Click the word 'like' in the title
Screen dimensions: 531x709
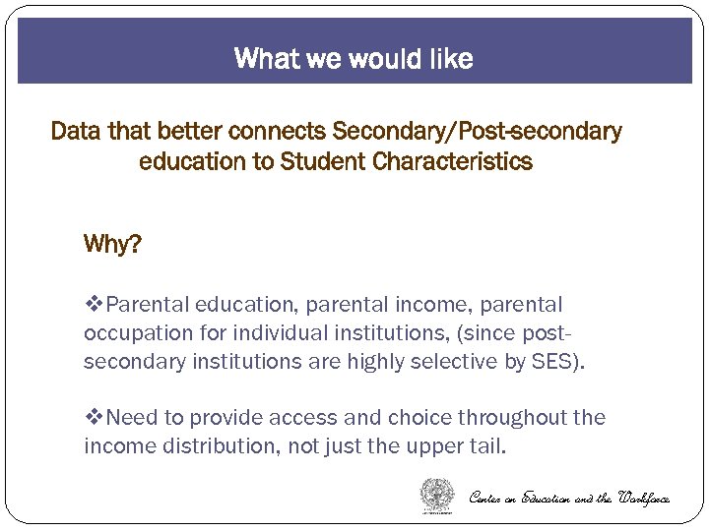449,59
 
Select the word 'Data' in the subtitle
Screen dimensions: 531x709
73,132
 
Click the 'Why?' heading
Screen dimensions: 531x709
112,244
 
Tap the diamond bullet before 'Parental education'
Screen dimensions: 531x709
94,305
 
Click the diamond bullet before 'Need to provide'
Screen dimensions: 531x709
94,418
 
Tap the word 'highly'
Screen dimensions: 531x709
376,362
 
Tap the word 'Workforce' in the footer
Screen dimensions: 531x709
644,498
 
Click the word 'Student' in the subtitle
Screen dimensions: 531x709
323,161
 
